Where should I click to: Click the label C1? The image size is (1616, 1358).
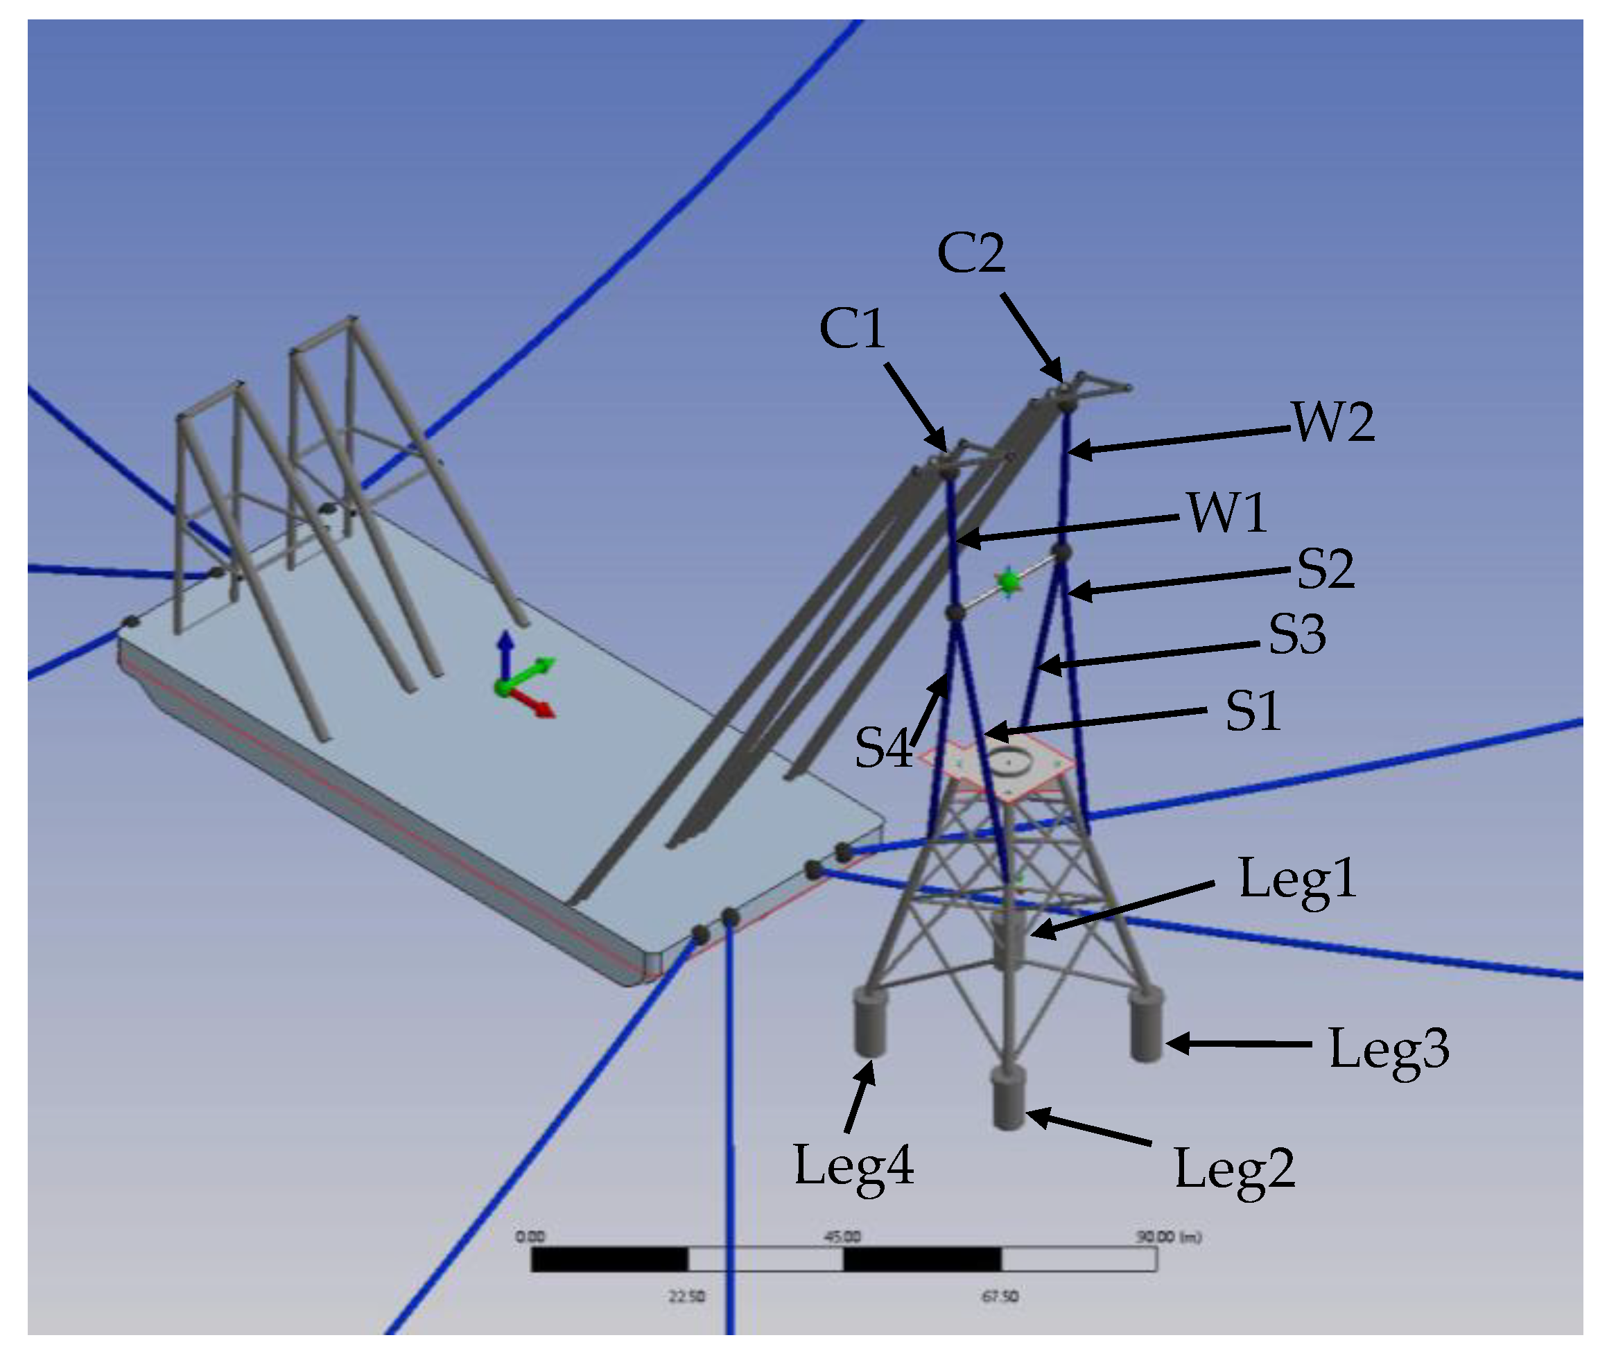[852, 329]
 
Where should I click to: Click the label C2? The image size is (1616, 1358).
[971, 253]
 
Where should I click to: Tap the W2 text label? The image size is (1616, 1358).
[1333, 422]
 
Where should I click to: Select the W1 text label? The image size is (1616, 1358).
[1227, 513]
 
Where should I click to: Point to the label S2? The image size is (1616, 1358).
[1325, 569]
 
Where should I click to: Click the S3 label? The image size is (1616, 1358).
[1297, 634]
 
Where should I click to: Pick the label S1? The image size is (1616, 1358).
[1253, 711]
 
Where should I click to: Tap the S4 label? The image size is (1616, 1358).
[883, 747]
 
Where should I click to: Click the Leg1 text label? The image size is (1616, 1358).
[1297, 879]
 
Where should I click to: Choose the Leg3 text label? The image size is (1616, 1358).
[1389, 1050]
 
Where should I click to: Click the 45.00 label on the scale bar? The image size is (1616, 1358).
[843, 1237]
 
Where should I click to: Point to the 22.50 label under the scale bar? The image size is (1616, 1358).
[686, 1297]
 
